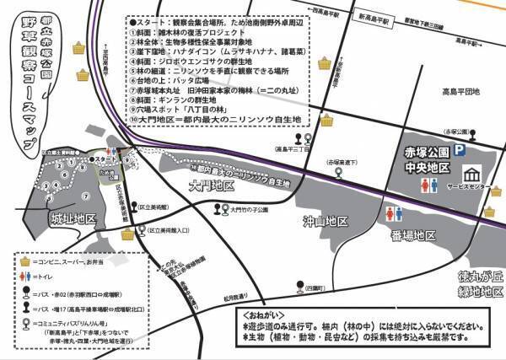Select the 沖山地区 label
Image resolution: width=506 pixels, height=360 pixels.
pyautogui.click(x=326, y=222)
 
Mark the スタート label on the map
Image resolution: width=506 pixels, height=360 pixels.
pyautogui.click(x=106, y=159)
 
